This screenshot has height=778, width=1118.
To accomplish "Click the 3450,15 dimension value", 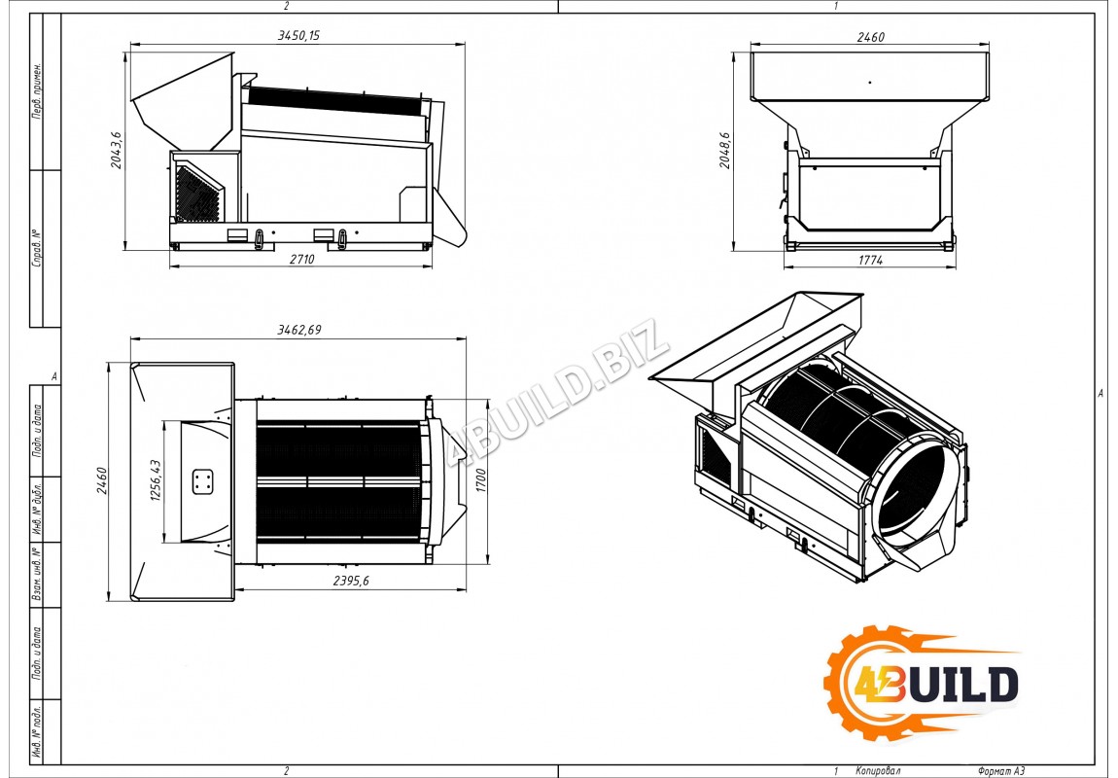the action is pos(298,35).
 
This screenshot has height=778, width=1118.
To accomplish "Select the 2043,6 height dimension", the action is pos(117,150).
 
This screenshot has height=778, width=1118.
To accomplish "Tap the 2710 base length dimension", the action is pos(301,260).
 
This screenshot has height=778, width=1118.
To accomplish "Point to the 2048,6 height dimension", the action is pos(724,150).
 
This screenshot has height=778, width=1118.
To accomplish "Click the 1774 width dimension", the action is pos(870,261).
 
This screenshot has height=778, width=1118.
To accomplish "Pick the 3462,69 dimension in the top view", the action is pos(298,330).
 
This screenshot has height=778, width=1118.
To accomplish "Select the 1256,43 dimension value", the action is pos(156,480).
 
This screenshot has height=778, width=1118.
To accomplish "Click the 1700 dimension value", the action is pos(480,479).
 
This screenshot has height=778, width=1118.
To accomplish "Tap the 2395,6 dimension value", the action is pos(351,581).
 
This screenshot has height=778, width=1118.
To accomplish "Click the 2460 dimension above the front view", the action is pos(870,37).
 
